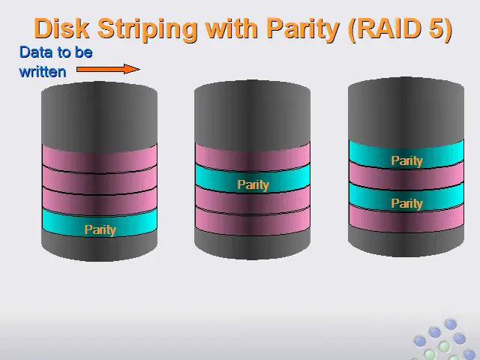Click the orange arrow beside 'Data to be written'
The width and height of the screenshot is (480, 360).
108,69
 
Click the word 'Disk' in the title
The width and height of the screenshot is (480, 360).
62,28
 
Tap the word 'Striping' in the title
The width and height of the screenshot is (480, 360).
147,30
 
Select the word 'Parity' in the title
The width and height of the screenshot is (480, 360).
303,30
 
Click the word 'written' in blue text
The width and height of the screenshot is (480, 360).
43,72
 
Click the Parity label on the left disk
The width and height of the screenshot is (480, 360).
100,230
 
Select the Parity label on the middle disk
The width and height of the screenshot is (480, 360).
253,185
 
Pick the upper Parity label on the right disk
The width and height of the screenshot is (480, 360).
406,161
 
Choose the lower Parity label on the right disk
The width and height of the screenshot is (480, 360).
406,204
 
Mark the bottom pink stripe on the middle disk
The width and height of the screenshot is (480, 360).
253,221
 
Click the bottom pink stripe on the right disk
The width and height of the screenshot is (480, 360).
406,218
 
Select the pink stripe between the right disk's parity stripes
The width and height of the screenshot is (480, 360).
406,175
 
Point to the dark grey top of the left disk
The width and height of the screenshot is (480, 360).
100,117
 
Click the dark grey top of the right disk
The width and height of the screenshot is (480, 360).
406,112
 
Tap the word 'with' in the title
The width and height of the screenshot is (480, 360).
232,28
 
